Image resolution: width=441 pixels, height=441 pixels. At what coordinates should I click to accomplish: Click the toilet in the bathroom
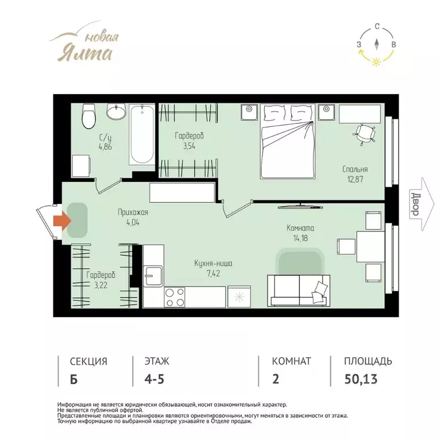(88, 116)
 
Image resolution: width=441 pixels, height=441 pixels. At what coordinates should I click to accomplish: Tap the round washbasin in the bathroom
(116, 111)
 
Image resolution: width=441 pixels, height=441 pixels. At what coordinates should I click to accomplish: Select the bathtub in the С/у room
(142, 134)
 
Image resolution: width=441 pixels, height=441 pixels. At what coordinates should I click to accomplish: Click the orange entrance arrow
(62, 220)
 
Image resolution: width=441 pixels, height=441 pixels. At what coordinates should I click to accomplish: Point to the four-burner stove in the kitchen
(175, 297)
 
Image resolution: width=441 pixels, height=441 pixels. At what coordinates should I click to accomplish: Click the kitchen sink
(153, 276)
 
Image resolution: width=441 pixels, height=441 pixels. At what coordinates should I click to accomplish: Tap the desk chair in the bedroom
(365, 134)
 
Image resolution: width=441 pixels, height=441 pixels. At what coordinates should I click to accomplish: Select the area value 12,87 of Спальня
(355, 179)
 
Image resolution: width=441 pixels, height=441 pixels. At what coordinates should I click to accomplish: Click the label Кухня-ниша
(213, 264)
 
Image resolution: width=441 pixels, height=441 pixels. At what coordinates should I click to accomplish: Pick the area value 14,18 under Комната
(300, 238)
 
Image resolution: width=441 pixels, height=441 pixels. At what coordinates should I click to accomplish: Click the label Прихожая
(133, 212)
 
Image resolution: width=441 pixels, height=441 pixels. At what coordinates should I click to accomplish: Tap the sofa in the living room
(299, 291)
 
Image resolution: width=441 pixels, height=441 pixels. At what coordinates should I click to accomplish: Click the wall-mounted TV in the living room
(300, 206)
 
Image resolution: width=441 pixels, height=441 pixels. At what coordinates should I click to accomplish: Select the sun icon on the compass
(376, 61)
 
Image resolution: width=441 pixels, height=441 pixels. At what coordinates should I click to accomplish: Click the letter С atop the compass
(377, 27)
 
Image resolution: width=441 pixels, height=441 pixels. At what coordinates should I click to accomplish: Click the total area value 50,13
(361, 379)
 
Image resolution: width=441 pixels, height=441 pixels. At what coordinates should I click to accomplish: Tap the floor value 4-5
(154, 379)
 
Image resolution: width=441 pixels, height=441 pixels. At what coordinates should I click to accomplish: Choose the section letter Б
(73, 379)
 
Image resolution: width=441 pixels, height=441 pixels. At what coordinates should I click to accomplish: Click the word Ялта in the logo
(85, 53)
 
